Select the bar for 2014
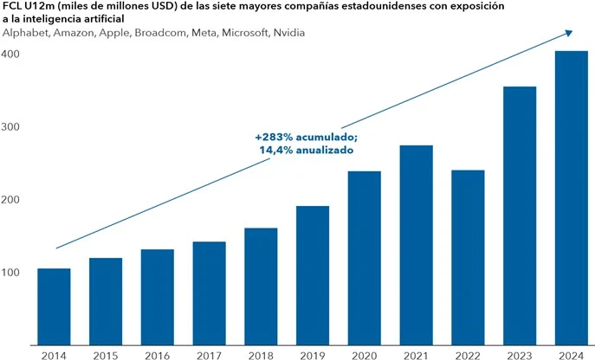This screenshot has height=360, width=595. (x=54, y=305)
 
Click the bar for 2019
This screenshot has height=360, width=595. (x=313, y=274)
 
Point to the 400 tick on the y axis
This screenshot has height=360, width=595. (x=11, y=54)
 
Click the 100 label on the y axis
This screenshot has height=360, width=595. (x=11, y=273)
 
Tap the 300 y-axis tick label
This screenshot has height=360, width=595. (x=11, y=127)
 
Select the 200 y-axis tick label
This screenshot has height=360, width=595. (x=11, y=200)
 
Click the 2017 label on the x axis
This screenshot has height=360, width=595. (x=210, y=352)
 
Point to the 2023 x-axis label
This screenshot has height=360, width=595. (x=520, y=352)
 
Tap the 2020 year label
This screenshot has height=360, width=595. (x=365, y=352)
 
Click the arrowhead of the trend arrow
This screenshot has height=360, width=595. (x=568, y=32)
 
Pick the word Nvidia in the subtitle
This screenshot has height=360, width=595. (x=288, y=32)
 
